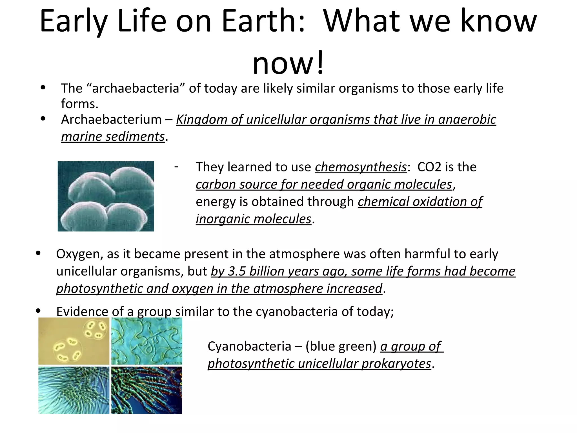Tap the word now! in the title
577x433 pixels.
pyautogui.click(x=288, y=63)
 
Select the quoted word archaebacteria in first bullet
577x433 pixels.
pyautogui.click(x=136, y=89)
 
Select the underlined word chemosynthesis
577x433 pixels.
pyautogui.click(x=361, y=167)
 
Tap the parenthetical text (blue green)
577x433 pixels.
pyautogui.click(x=341, y=346)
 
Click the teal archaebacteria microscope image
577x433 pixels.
pyautogui.click(x=106, y=196)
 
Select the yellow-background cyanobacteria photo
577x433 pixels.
pyautogui.click(x=74, y=341)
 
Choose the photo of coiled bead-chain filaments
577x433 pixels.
pyautogui.click(x=147, y=341)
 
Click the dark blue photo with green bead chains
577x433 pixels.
pyautogui.click(x=147, y=390)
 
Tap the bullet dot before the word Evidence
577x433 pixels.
pyautogui.click(x=39, y=311)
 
